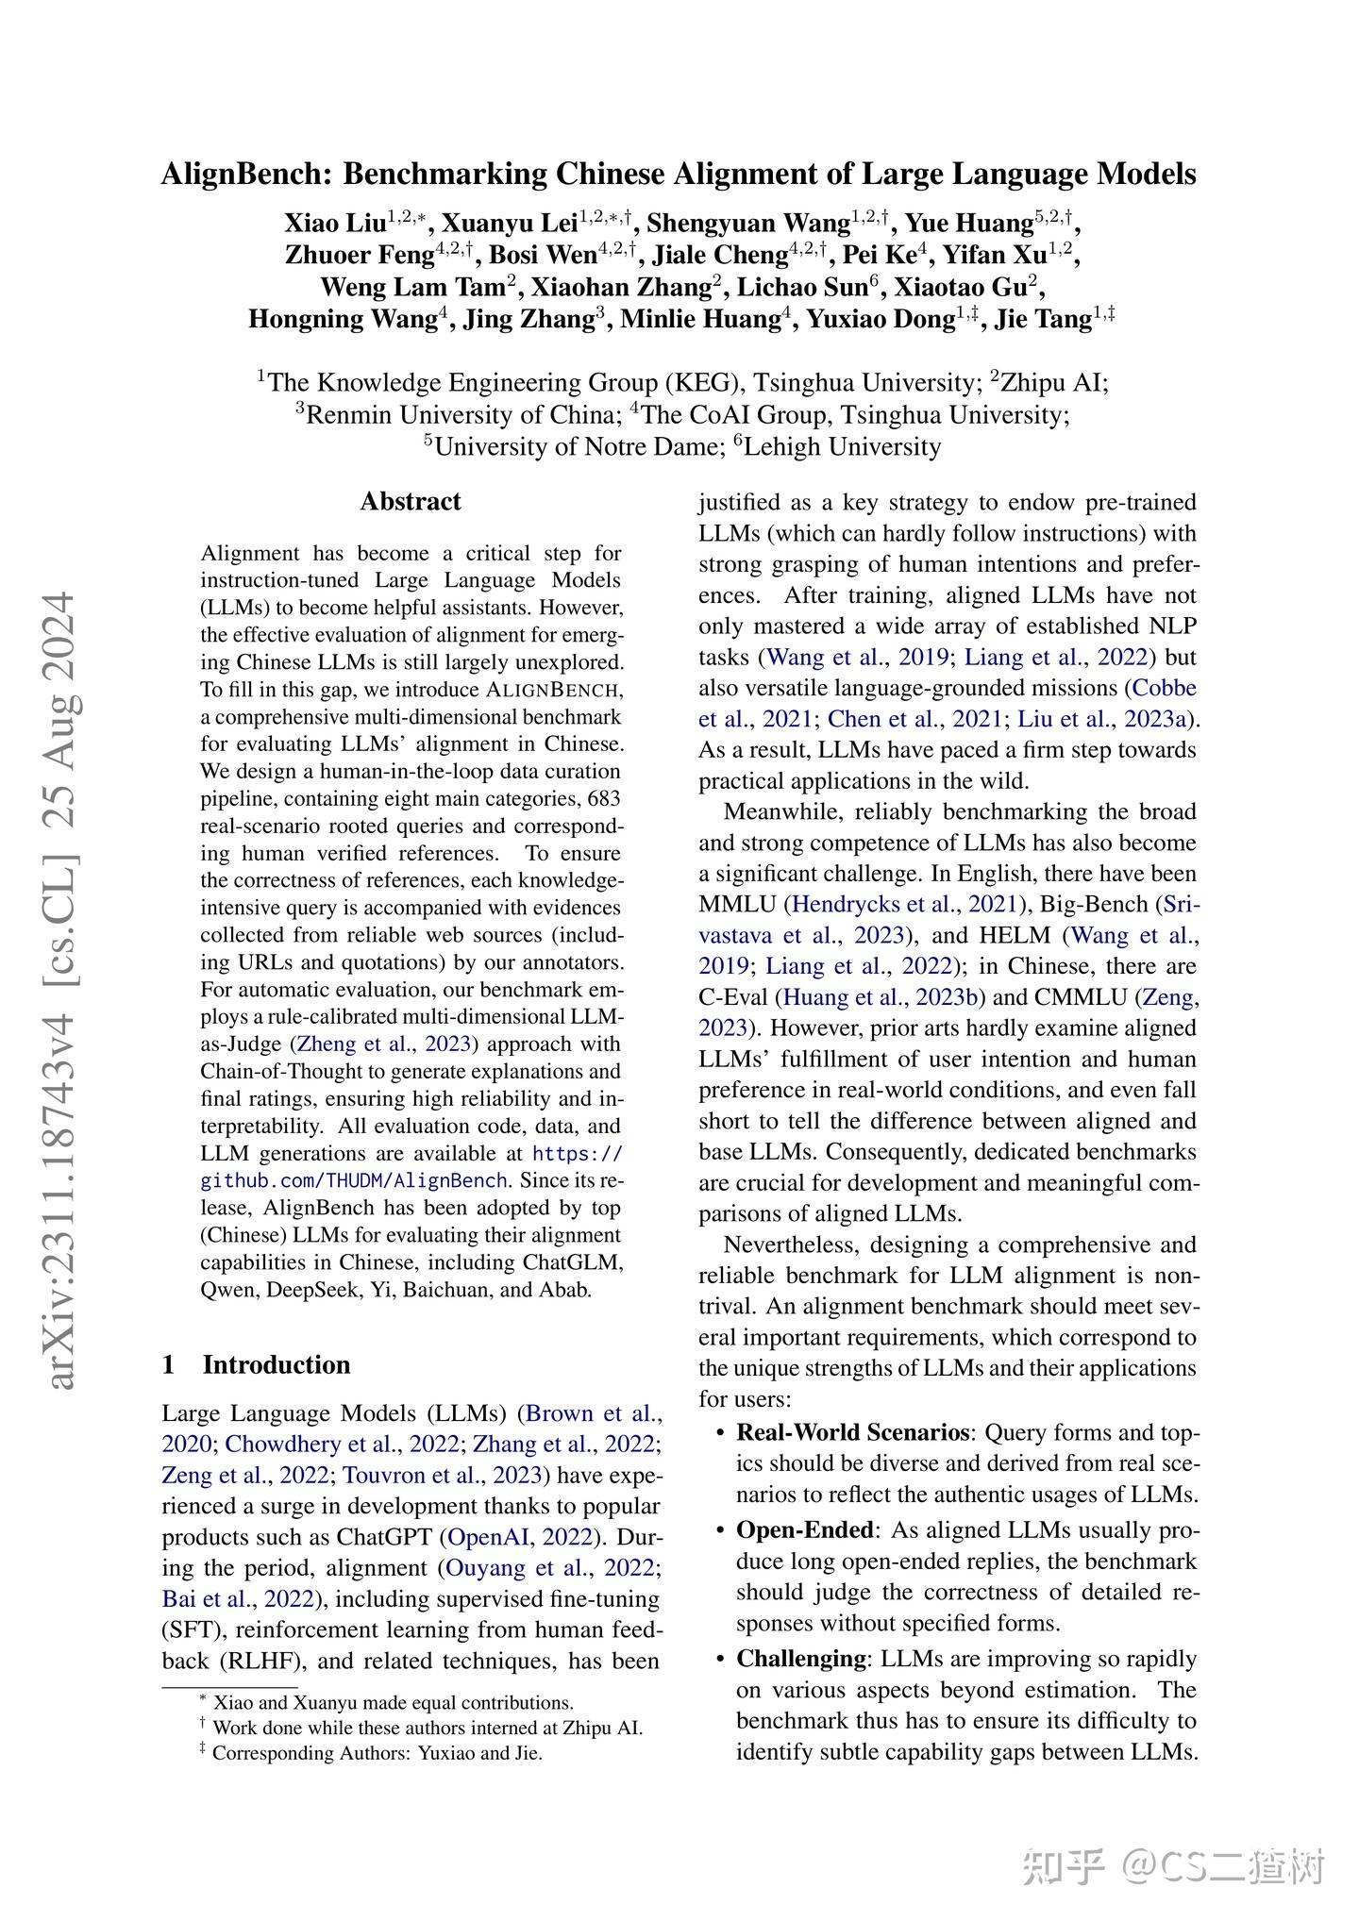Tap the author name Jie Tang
click(1043, 319)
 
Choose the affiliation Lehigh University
click(842, 446)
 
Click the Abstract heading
click(411, 501)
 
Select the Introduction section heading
click(276, 1364)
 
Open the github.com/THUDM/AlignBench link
click(354, 1180)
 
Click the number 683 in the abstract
click(604, 798)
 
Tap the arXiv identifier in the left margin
click(60, 991)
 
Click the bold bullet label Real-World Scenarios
click(852, 1432)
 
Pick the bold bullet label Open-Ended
click(805, 1529)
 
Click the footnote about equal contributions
click(393, 1702)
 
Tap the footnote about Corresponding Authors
click(377, 1753)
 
